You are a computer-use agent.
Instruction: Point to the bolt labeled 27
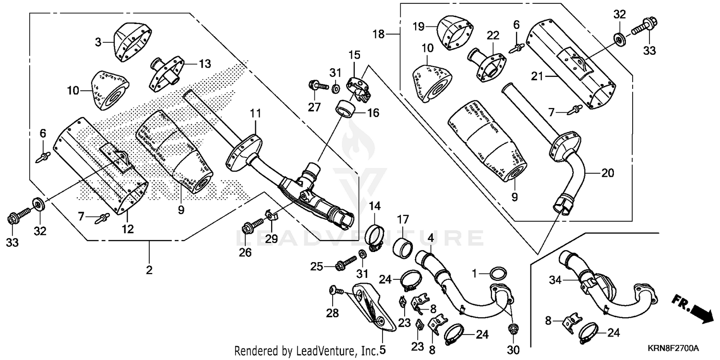pyautogui.click(x=318, y=87)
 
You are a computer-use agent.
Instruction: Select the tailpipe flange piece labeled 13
pyautogui.click(x=166, y=74)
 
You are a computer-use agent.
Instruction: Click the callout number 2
pyautogui.click(x=149, y=270)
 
